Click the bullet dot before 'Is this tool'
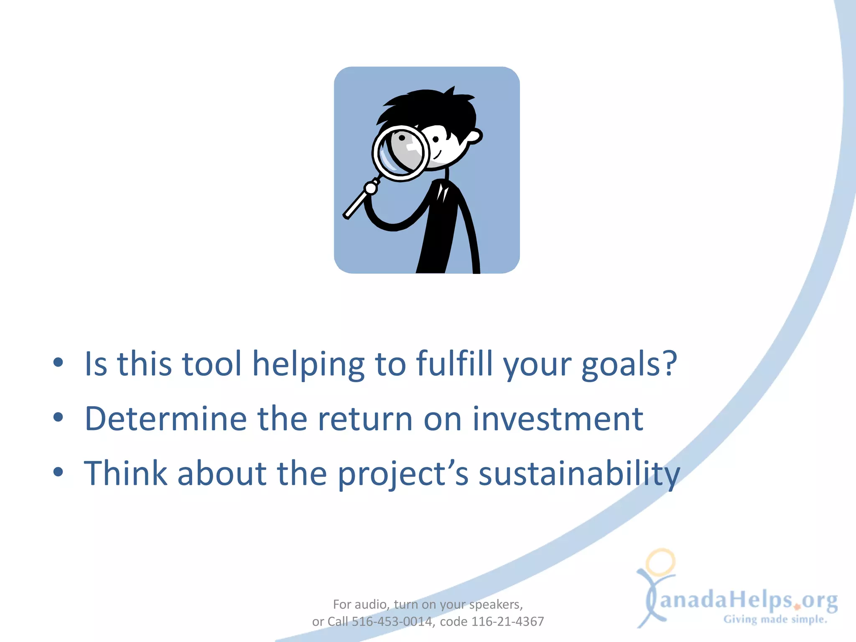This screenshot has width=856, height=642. (x=58, y=363)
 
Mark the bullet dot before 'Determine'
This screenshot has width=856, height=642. (x=58, y=417)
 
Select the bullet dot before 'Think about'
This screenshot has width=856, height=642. (x=58, y=472)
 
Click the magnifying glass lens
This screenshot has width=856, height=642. (x=400, y=153)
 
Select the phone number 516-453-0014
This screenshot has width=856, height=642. (x=392, y=622)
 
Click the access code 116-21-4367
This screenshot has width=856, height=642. (x=507, y=622)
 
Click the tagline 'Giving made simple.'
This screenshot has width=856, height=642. (x=775, y=619)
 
